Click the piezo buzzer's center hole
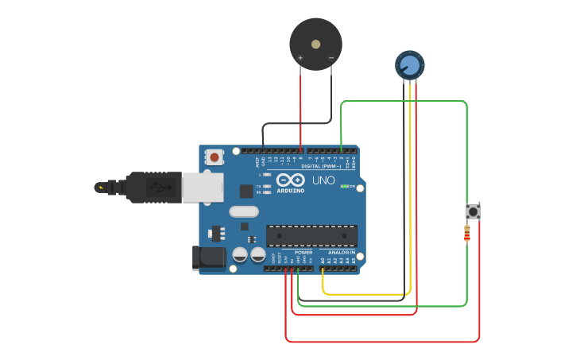coord(315,45)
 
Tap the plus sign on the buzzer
coord(300,58)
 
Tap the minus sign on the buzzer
coord(331,58)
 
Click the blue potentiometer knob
coord(409,64)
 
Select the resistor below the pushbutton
coord(467,233)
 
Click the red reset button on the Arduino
coord(214,157)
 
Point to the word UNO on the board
coord(323,180)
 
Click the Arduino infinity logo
coord(291,180)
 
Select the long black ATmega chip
coord(311,235)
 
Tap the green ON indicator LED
coord(343,186)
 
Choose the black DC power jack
coord(208,257)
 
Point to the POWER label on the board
coord(303,252)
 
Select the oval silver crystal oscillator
coord(244,211)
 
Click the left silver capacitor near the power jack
coord(240,254)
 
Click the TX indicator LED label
coord(260,186)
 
